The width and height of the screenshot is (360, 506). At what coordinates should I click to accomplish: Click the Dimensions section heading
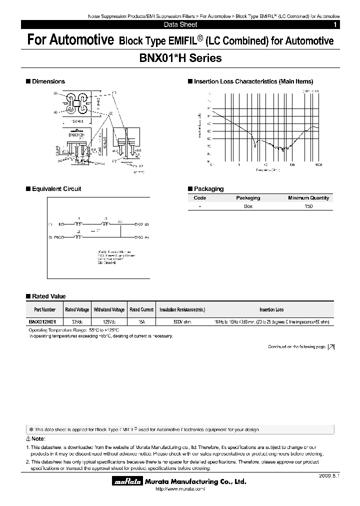[x=48, y=81]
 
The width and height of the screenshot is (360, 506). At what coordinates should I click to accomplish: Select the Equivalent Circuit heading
[x=56, y=189]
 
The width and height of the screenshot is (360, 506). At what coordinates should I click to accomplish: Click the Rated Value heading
[x=48, y=296]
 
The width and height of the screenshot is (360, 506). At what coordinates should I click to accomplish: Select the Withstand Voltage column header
[x=109, y=310]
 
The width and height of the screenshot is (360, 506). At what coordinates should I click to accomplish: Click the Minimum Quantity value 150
[x=308, y=206]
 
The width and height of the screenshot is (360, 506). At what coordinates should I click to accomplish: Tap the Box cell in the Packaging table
[x=248, y=206]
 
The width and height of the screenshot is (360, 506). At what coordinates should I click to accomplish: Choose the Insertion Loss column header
[x=271, y=310]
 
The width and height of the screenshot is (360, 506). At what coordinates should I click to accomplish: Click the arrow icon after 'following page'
[x=331, y=346]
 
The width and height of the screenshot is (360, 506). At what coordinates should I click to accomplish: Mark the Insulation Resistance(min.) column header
[x=182, y=310]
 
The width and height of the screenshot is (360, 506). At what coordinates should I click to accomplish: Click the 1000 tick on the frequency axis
[x=318, y=164]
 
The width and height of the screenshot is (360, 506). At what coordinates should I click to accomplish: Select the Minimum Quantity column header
[x=308, y=198]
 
